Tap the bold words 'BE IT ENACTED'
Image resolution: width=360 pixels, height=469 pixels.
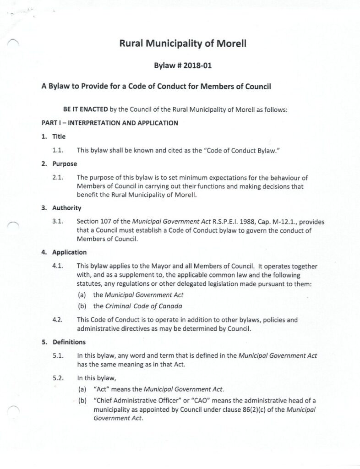tap(85, 110)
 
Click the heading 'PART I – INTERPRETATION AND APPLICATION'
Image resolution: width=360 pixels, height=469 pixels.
tap(109, 123)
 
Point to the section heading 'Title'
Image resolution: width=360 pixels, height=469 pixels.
tap(59, 136)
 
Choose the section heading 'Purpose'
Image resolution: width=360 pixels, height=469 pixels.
tap(65, 164)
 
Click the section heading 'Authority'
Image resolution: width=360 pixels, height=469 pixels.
tap(66, 208)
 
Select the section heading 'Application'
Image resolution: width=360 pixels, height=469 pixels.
tap(69, 252)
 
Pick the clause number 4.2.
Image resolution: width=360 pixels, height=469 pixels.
tap(58, 319)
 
